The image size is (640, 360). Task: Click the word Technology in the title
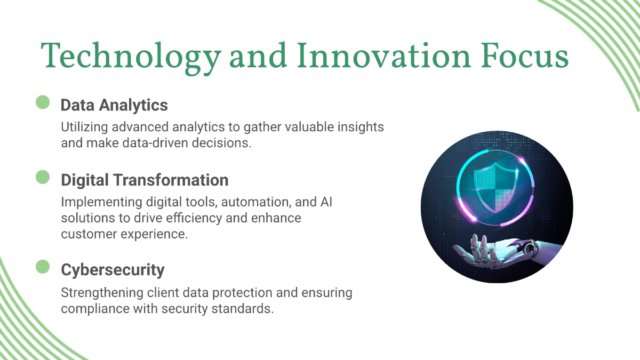131,57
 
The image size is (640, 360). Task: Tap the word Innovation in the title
383,55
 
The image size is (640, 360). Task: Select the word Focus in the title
525,55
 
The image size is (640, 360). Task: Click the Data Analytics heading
114,105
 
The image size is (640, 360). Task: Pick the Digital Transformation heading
145,180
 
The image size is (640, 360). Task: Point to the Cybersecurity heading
113,270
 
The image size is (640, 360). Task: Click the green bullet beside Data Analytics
43,102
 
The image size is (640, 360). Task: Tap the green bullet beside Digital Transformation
43,177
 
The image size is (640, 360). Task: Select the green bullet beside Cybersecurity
43,267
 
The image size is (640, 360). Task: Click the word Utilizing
84,127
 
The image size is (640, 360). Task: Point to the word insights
361,127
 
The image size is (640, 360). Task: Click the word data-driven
155,143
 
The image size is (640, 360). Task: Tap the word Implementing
101,202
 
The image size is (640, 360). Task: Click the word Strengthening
102,293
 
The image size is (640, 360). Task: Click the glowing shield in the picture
495,187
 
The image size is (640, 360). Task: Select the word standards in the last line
243,309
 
